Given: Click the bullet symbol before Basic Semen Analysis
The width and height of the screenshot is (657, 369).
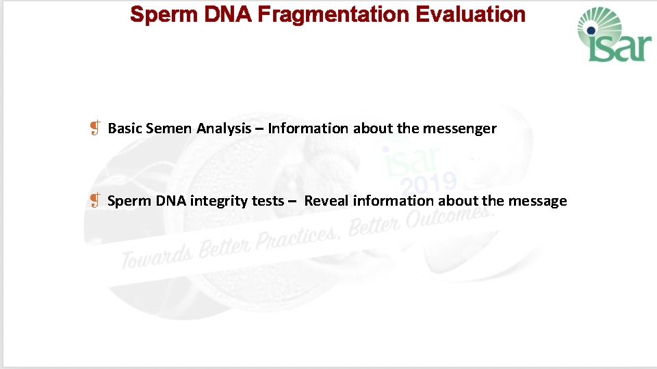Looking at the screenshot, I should [x=96, y=128].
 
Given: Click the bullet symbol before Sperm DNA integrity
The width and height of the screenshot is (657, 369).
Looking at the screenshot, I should [x=96, y=200].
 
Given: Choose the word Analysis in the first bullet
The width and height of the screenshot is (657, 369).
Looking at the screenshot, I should [x=224, y=128].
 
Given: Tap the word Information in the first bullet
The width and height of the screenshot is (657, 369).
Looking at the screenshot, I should [x=309, y=128].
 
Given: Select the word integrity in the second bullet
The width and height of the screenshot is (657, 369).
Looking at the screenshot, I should [x=218, y=201].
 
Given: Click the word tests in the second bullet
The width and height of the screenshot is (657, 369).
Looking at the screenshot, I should [x=267, y=201].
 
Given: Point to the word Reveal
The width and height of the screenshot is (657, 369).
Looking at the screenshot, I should [x=326, y=201].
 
